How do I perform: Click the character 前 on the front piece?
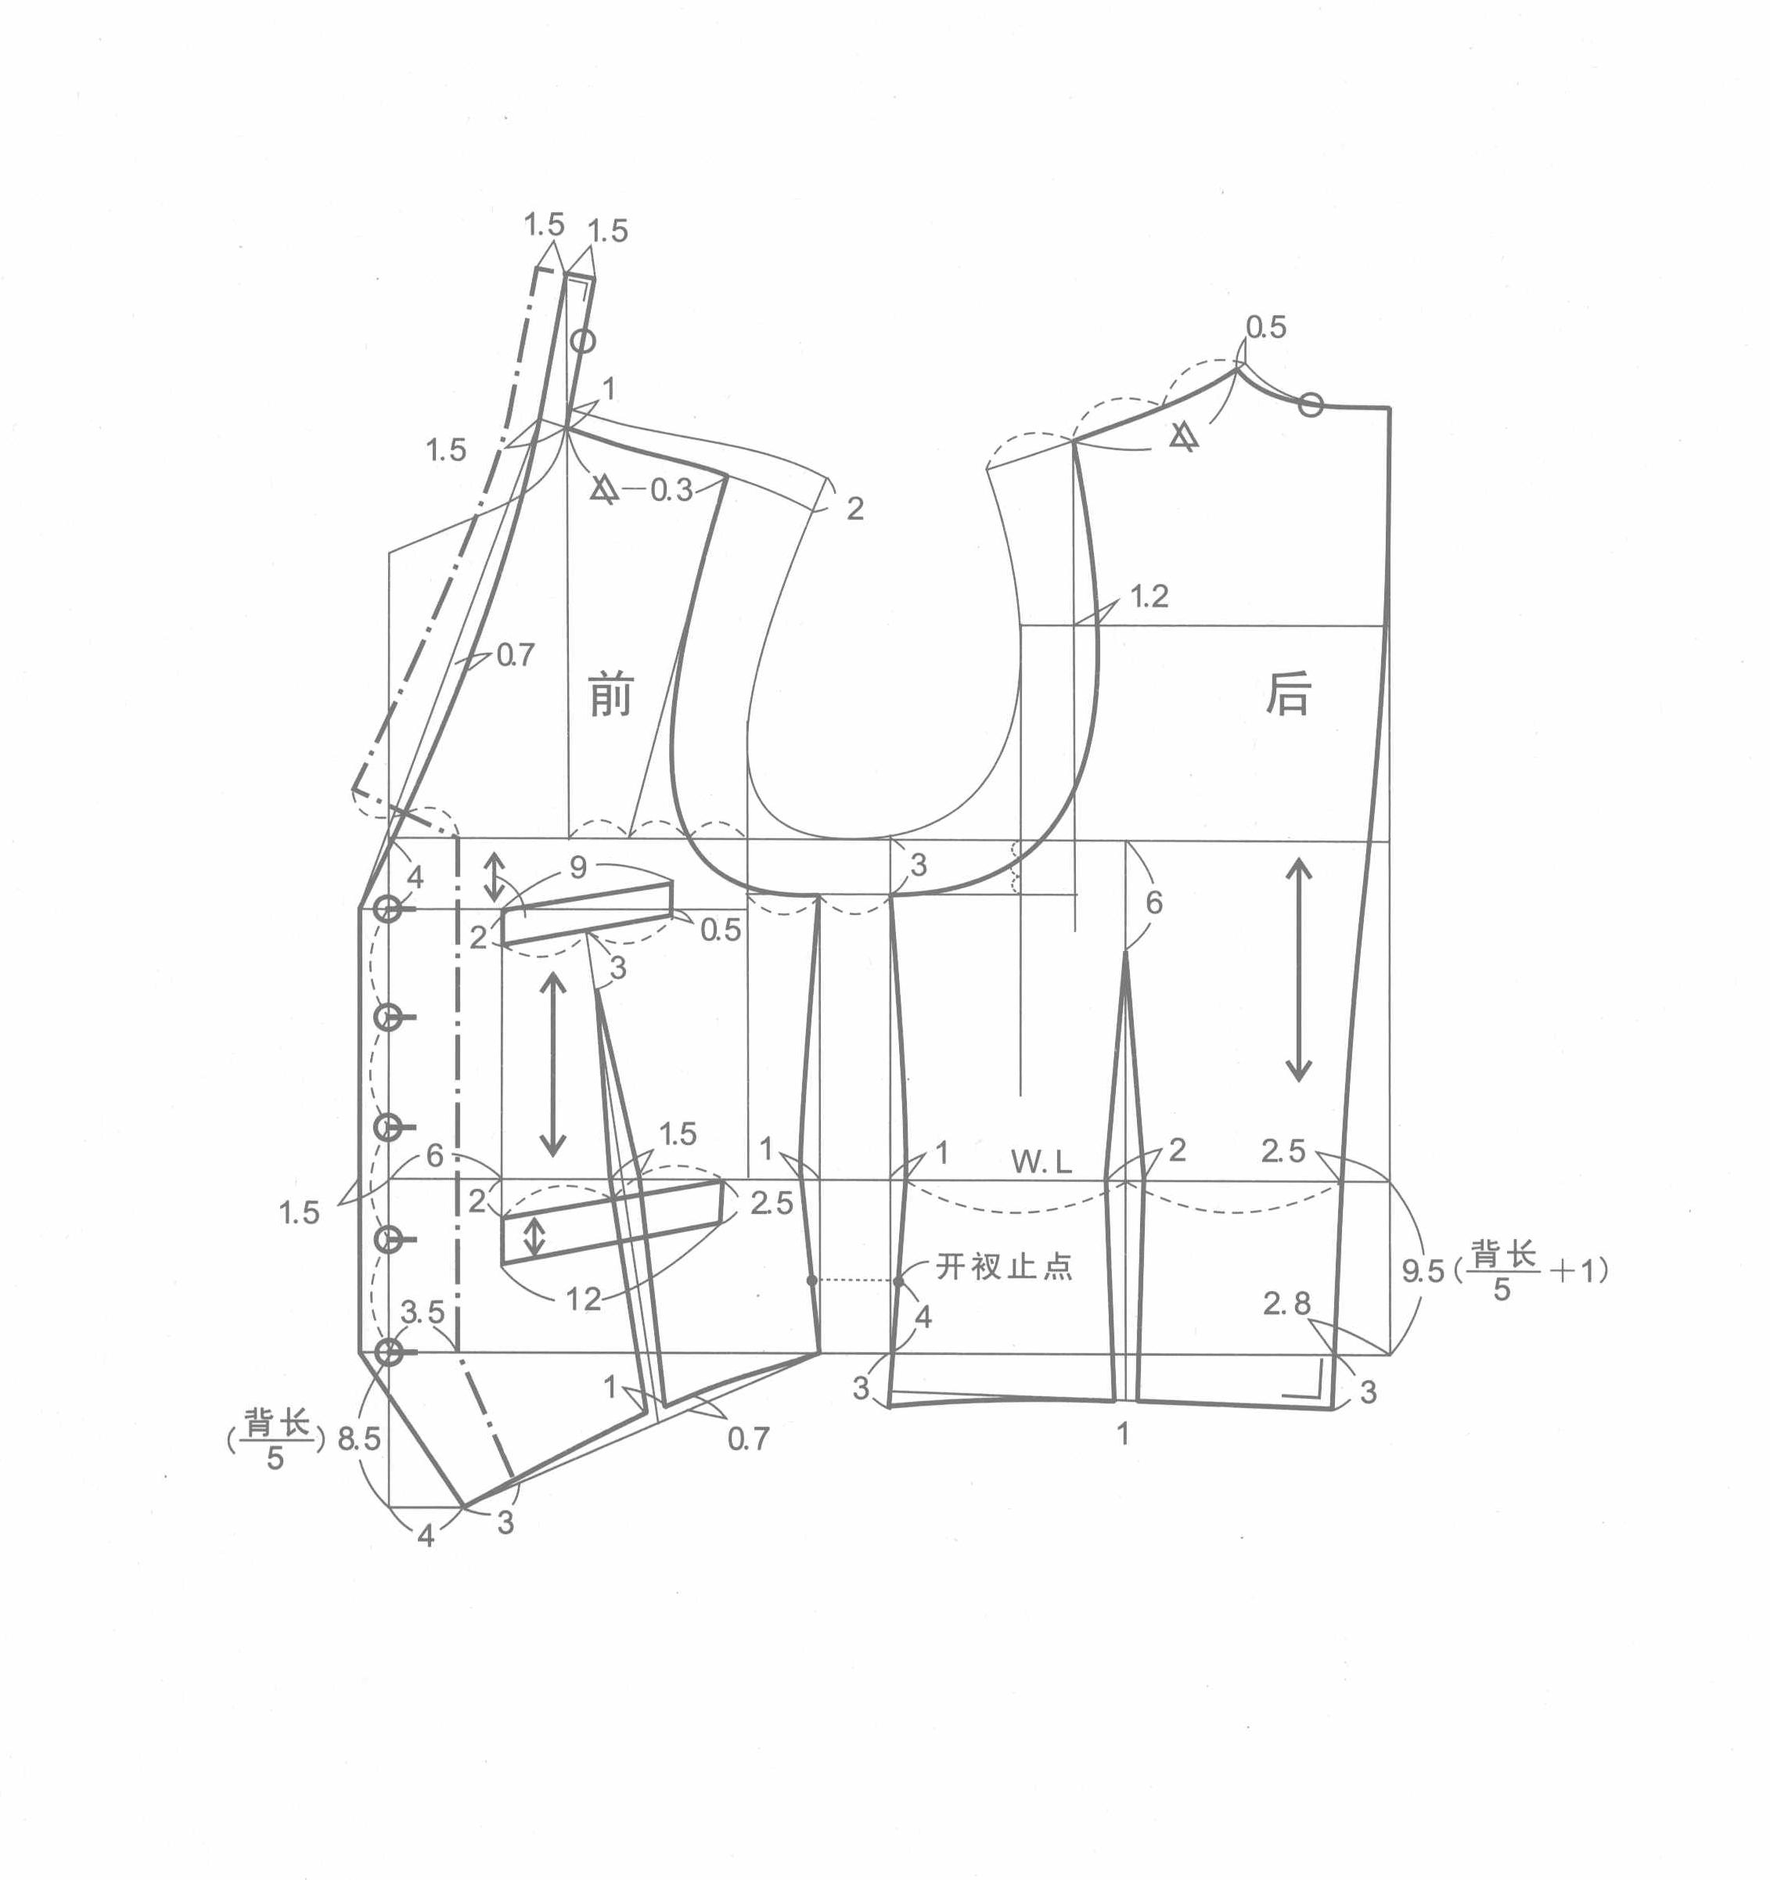point(610,694)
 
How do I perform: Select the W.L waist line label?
point(1041,1162)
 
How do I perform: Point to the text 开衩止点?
point(1004,1266)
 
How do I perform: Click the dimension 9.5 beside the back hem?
point(1423,1271)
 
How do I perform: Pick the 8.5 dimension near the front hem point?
point(358,1439)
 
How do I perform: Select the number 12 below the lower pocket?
point(584,1299)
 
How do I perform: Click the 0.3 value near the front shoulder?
point(671,490)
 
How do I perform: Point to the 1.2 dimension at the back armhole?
point(1149,596)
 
